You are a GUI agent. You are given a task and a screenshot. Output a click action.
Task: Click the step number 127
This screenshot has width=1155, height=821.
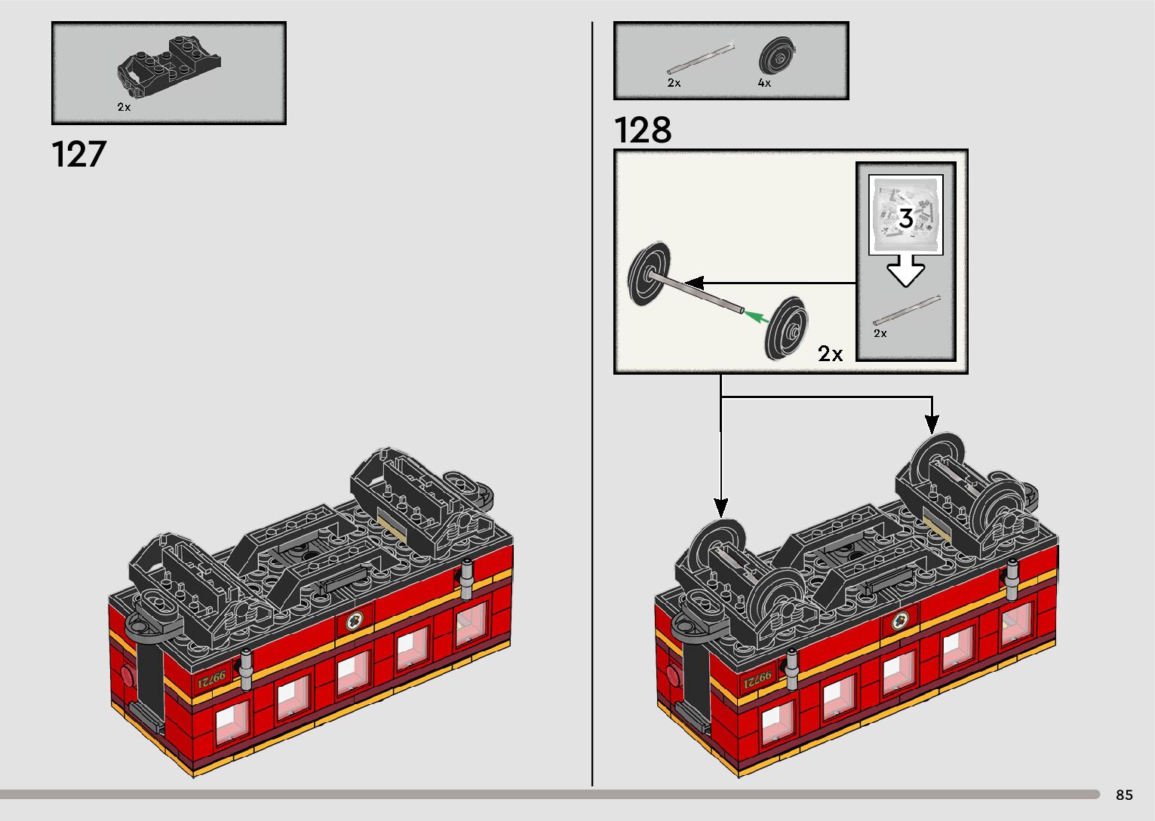(78, 154)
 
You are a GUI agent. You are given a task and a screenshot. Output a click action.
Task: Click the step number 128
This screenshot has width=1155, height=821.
(642, 130)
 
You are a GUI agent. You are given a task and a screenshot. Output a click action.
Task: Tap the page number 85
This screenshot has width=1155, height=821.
(1124, 795)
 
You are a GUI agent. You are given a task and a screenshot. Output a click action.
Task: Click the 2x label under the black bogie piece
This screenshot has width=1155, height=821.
(124, 107)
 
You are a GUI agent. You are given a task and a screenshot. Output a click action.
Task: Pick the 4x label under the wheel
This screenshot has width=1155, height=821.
(764, 83)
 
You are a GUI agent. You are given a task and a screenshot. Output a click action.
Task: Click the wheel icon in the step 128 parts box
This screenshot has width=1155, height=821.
(778, 57)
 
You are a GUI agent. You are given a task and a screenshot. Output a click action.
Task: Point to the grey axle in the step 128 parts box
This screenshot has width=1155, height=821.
(700, 60)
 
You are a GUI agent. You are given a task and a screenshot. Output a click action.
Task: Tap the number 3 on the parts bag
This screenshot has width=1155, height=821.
(905, 218)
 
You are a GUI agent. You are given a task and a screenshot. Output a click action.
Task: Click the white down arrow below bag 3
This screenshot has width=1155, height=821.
(905, 271)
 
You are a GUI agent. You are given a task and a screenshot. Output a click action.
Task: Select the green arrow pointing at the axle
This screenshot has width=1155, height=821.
(757, 317)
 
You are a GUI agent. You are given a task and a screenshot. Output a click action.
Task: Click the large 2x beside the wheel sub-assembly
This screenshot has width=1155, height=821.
(830, 354)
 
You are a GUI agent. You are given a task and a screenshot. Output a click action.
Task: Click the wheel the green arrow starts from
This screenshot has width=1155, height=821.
(785, 328)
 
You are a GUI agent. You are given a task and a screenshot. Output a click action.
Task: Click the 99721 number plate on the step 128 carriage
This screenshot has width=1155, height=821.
(757, 681)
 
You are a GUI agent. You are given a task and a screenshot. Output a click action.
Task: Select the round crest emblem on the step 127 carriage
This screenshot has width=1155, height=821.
(353, 623)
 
